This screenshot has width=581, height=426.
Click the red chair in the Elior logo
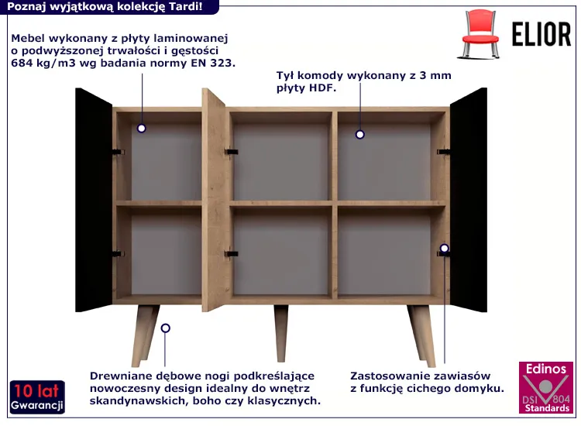click(x=479, y=34)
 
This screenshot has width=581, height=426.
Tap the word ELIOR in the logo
click(x=541, y=34)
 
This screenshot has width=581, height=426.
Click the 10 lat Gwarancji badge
click(x=37, y=397)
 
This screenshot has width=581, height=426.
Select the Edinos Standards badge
click(x=546, y=387)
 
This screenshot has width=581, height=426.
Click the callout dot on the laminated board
click(x=141, y=129)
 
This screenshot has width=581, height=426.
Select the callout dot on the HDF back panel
click(x=359, y=135)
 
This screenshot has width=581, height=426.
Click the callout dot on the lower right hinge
click(x=445, y=248)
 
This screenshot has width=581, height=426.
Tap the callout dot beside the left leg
click(x=166, y=328)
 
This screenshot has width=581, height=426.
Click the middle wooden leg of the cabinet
click(x=281, y=333)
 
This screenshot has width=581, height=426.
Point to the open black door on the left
click(x=94, y=200)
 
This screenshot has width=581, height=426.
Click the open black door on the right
click(x=469, y=200)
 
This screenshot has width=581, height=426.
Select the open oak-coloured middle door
click(x=214, y=200)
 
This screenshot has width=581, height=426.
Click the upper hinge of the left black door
click(x=119, y=153)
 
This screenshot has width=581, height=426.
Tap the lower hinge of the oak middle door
click(x=231, y=254)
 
